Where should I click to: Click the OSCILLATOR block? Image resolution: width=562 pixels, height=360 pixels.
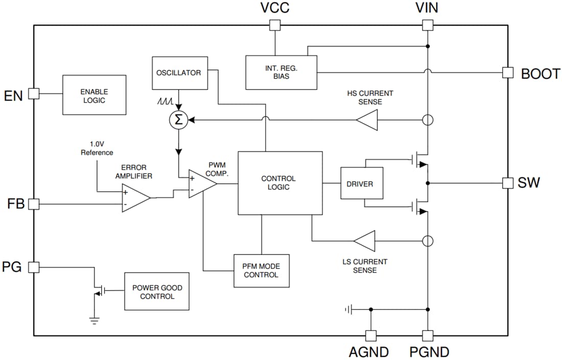click(x=179, y=73)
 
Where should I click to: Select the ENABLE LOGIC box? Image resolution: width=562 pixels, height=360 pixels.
click(x=94, y=95)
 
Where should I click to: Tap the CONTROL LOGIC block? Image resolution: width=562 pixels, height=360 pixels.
click(x=280, y=183)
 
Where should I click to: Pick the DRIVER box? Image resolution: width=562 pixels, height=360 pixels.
click(x=362, y=183)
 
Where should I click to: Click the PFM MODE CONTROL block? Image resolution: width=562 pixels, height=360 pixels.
click(x=261, y=271)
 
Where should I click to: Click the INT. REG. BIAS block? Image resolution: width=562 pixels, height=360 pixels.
click(x=280, y=72)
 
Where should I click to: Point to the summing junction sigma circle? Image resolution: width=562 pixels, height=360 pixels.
click(x=178, y=120)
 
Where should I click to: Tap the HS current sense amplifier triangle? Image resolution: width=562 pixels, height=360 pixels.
click(x=367, y=120)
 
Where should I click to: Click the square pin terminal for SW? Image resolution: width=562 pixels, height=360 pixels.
click(x=507, y=183)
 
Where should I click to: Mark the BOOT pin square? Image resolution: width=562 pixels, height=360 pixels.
click(x=507, y=73)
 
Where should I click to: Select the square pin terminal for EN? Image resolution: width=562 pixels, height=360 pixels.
click(x=34, y=93)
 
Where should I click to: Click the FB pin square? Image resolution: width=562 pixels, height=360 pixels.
click(x=34, y=204)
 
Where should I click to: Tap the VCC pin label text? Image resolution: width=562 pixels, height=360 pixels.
click(x=275, y=8)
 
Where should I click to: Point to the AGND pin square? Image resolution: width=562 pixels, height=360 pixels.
click(x=371, y=335)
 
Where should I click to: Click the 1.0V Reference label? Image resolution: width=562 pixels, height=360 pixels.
click(x=97, y=148)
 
